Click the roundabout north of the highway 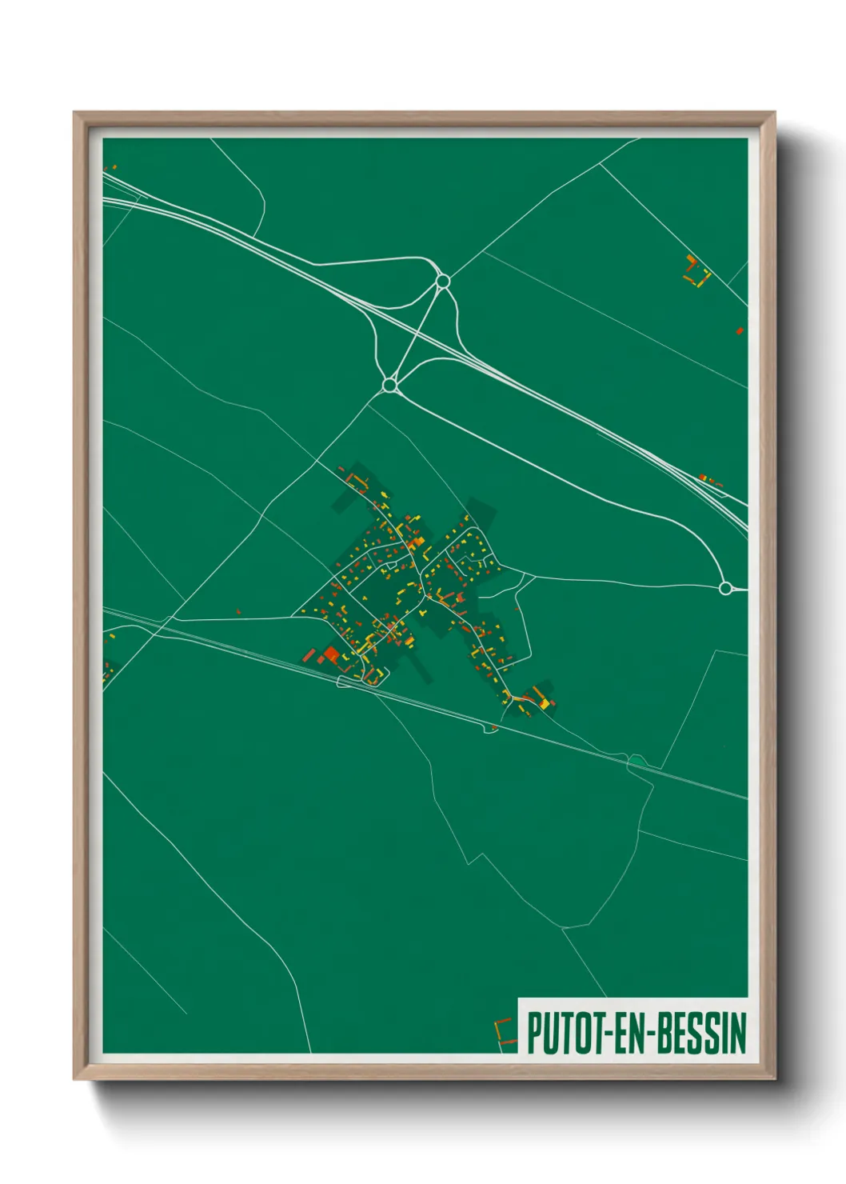pos(442,281)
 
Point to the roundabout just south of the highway pos(389,386)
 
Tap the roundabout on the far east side pos(725,589)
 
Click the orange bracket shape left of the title pos(504,1033)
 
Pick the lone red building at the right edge pos(740,330)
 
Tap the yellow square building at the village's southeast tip pos(545,703)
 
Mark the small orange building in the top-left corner pos(114,167)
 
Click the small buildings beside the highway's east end pos(710,480)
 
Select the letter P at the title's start pos(534,1033)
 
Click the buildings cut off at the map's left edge pos(107,670)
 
